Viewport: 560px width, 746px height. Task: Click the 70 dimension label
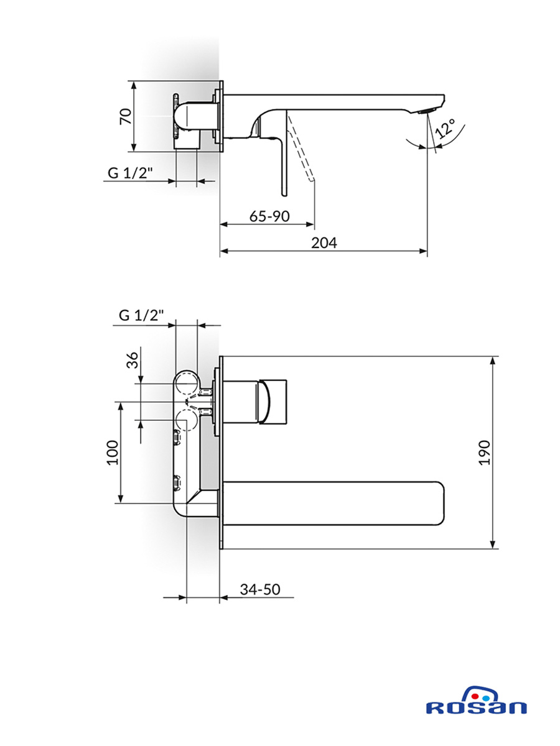pyautogui.click(x=126, y=116)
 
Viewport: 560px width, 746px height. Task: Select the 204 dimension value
pyautogui.click(x=324, y=242)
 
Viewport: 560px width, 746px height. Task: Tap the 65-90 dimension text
pyautogui.click(x=269, y=216)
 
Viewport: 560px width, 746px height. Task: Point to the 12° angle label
pyautogui.click(x=446, y=128)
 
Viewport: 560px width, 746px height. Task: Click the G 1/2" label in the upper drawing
pyautogui.click(x=130, y=173)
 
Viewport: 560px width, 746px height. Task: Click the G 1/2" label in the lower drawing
pyautogui.click(x=141, y=315)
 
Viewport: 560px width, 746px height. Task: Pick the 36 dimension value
pyautogui.click(x=133, y=360)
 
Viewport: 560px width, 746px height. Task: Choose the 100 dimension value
pyautogui.click(x=113, y=453)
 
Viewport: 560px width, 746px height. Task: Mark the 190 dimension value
pyautogui.click(x=484, y=453)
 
